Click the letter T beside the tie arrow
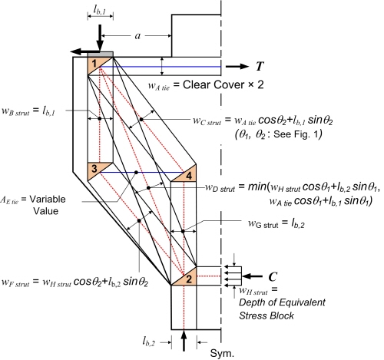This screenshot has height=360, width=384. [x=260, y=66]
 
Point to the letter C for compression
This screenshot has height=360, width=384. [x=273, y=276]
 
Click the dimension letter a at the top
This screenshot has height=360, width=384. [x=137, y=36]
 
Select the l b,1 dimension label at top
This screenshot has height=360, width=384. [x=100, y=10]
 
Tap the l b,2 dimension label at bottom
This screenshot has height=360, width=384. [x=149, y=342]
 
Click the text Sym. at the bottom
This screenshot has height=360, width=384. [x=222, y=353]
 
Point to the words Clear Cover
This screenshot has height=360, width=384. [x=214, y=84]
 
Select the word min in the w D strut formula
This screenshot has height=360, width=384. [x=257, y=187]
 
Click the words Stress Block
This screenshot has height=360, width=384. [x=266, y=315]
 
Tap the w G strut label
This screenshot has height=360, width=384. [x=263, y=224]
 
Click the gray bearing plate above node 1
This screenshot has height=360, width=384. [x=100, y=54]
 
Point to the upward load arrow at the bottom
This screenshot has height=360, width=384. [x=184, y=341]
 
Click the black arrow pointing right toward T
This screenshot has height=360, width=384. [x=237, y=67]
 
